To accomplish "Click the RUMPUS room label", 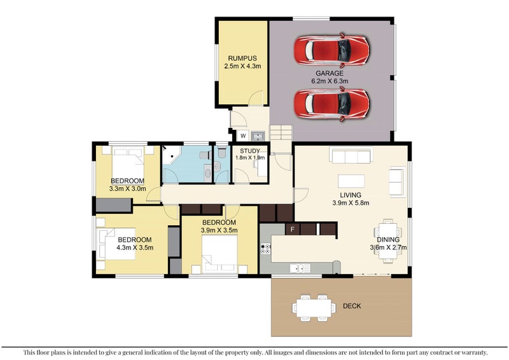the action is [242, 59].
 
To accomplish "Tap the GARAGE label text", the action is [330, 73].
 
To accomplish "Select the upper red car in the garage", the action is [331, 51].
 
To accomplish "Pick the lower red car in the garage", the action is [331, 104].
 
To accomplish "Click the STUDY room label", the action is [250, 151].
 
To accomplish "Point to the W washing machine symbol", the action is [243, 136].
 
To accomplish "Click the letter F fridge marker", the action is [293, 230].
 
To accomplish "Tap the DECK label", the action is [352, 306].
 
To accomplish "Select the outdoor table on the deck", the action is [314, 308].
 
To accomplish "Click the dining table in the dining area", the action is [387, 240].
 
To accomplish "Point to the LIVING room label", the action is [351, 195].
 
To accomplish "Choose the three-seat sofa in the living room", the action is [351, 155].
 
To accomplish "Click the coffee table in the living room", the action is [351, 181].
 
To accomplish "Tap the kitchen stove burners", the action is [265, 248].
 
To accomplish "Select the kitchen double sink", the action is [300, 268].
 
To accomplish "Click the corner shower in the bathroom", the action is [171, 155].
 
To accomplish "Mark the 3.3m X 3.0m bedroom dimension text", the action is [128, 189].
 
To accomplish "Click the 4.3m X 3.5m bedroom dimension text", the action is [135, 247].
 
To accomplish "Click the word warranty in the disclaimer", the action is [475, 352].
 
